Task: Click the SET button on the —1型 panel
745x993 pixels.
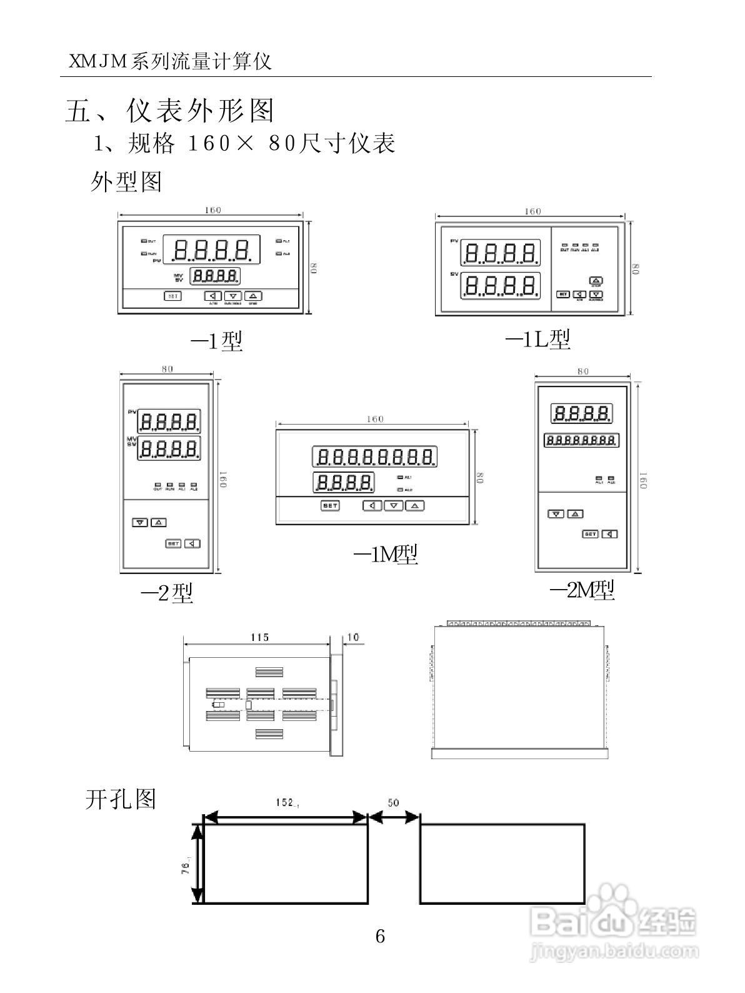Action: pyautogui.click(x=172, y=296)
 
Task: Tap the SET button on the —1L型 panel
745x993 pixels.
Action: pyautogui.click(x=562, y=294)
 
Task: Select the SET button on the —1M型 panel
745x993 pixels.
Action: pyautogui.click(x=330, y=506)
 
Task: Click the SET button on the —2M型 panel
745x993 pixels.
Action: pyautogui.click(x=590, y=534)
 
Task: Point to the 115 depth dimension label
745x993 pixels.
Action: pyautogui.click(x=259, y=637)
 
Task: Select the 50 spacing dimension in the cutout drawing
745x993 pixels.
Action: pyautogui.click(x=393, y=803)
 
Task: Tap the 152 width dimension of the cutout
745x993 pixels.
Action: pyautogui.click(x=286, y=802)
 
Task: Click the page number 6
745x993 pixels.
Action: pyautogui.click(x=380, y=936)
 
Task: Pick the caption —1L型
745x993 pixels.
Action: pyautogui.click(x=537, y=340)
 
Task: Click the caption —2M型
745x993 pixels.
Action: pyautogui.click(x=582, y=590)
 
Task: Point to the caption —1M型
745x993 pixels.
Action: pyautogui.click(x=386, y=554)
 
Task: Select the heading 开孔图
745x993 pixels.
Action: pyautogui.click(x=120, y=799)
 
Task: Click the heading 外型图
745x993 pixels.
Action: pyautogui.click(x=126, y=182)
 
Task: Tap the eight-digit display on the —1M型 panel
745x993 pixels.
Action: pyautogui.click(x=374, y=458)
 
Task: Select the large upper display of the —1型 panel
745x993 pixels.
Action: pyautogui.click(x=212, y=250)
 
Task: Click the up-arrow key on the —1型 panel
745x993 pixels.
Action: pyautogui.click(x=253, y=296)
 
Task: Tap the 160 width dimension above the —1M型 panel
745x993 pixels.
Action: pyautogui.click(x=374, y=419)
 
